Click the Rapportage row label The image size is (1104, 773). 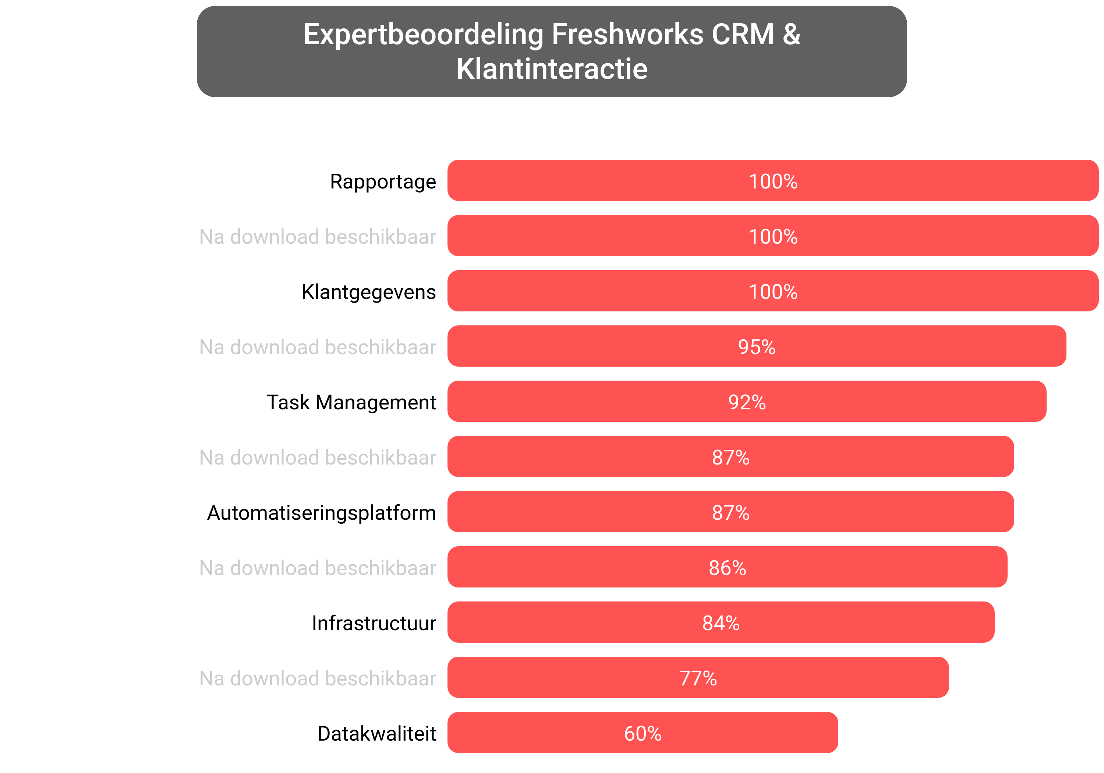pos(383,182)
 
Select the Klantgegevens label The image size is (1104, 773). pos(368,292)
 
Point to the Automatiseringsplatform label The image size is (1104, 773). pos(321,513)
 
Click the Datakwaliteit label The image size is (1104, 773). pos(376,734)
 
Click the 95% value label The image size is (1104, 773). pos(756,347)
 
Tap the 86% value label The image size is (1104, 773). pos(727,568)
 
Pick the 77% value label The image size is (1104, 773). pos(698,679)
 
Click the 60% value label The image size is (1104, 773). pos(643,734)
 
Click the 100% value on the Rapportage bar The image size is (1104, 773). pos(773,182)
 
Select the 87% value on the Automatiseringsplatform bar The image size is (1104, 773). pos(730,513)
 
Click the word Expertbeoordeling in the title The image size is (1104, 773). pos(423,35)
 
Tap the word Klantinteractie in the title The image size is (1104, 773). pos(552,69)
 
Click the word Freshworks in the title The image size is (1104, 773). pos(627,35)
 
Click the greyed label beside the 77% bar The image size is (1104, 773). pos(317,679)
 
